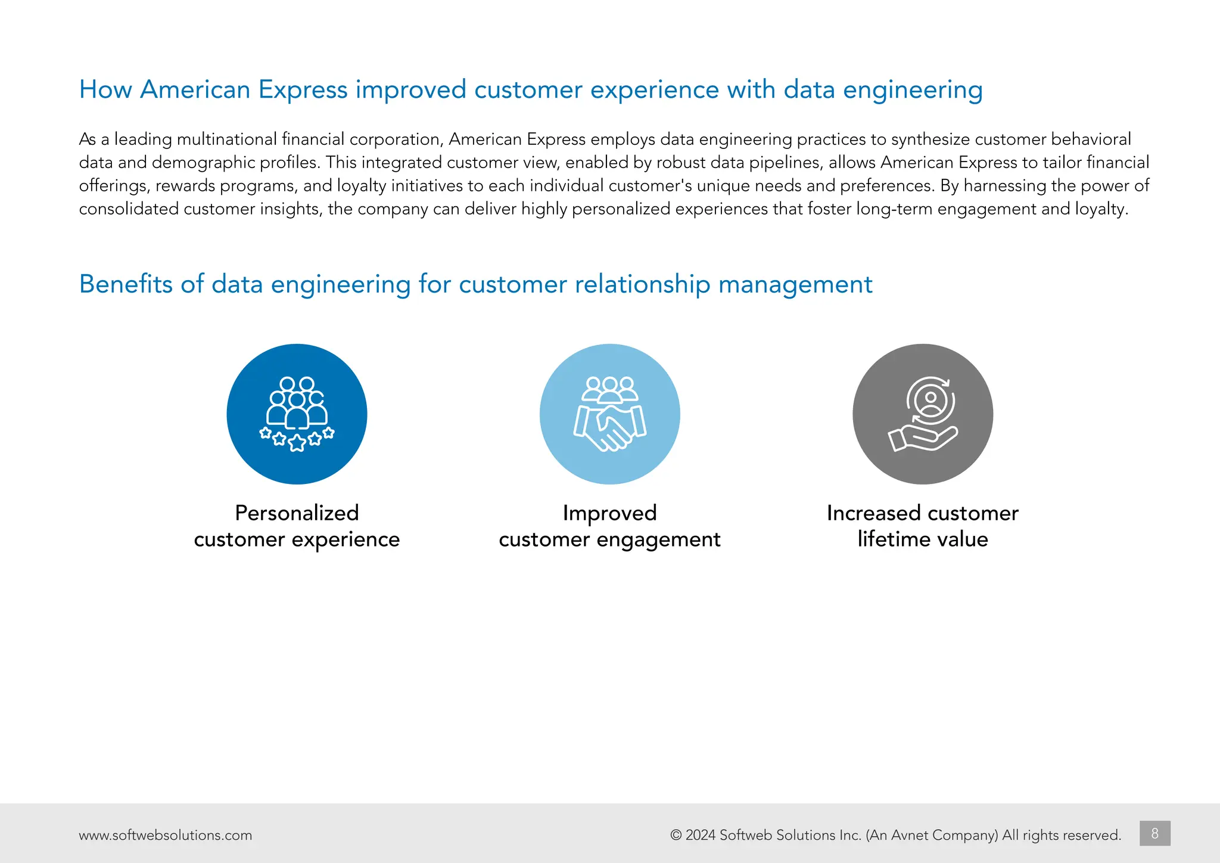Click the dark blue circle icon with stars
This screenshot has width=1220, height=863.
[x=297, y=414]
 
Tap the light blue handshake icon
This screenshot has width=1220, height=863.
[x=609, y=414]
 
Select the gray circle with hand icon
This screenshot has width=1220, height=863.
[x=922, y=414]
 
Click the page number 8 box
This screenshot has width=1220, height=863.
[x=1154, y=833]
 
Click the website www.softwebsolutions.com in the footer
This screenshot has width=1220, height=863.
[x=165, y=835]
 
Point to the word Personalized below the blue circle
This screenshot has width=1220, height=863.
[x=297, y=513]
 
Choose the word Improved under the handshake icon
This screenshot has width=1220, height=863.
[x=609, y=513]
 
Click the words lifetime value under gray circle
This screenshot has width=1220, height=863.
[x=922, y=539]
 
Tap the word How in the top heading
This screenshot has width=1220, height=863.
[x=105, y=90]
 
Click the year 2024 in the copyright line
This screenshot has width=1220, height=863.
[x=700, y=835]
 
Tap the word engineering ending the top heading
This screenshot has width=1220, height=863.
[x=913, y=90]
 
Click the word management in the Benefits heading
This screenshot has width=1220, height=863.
[x=795, y=284]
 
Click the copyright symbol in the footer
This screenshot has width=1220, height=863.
[x=676, y=835]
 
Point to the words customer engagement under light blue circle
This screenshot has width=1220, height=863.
[x=609, y=539]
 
